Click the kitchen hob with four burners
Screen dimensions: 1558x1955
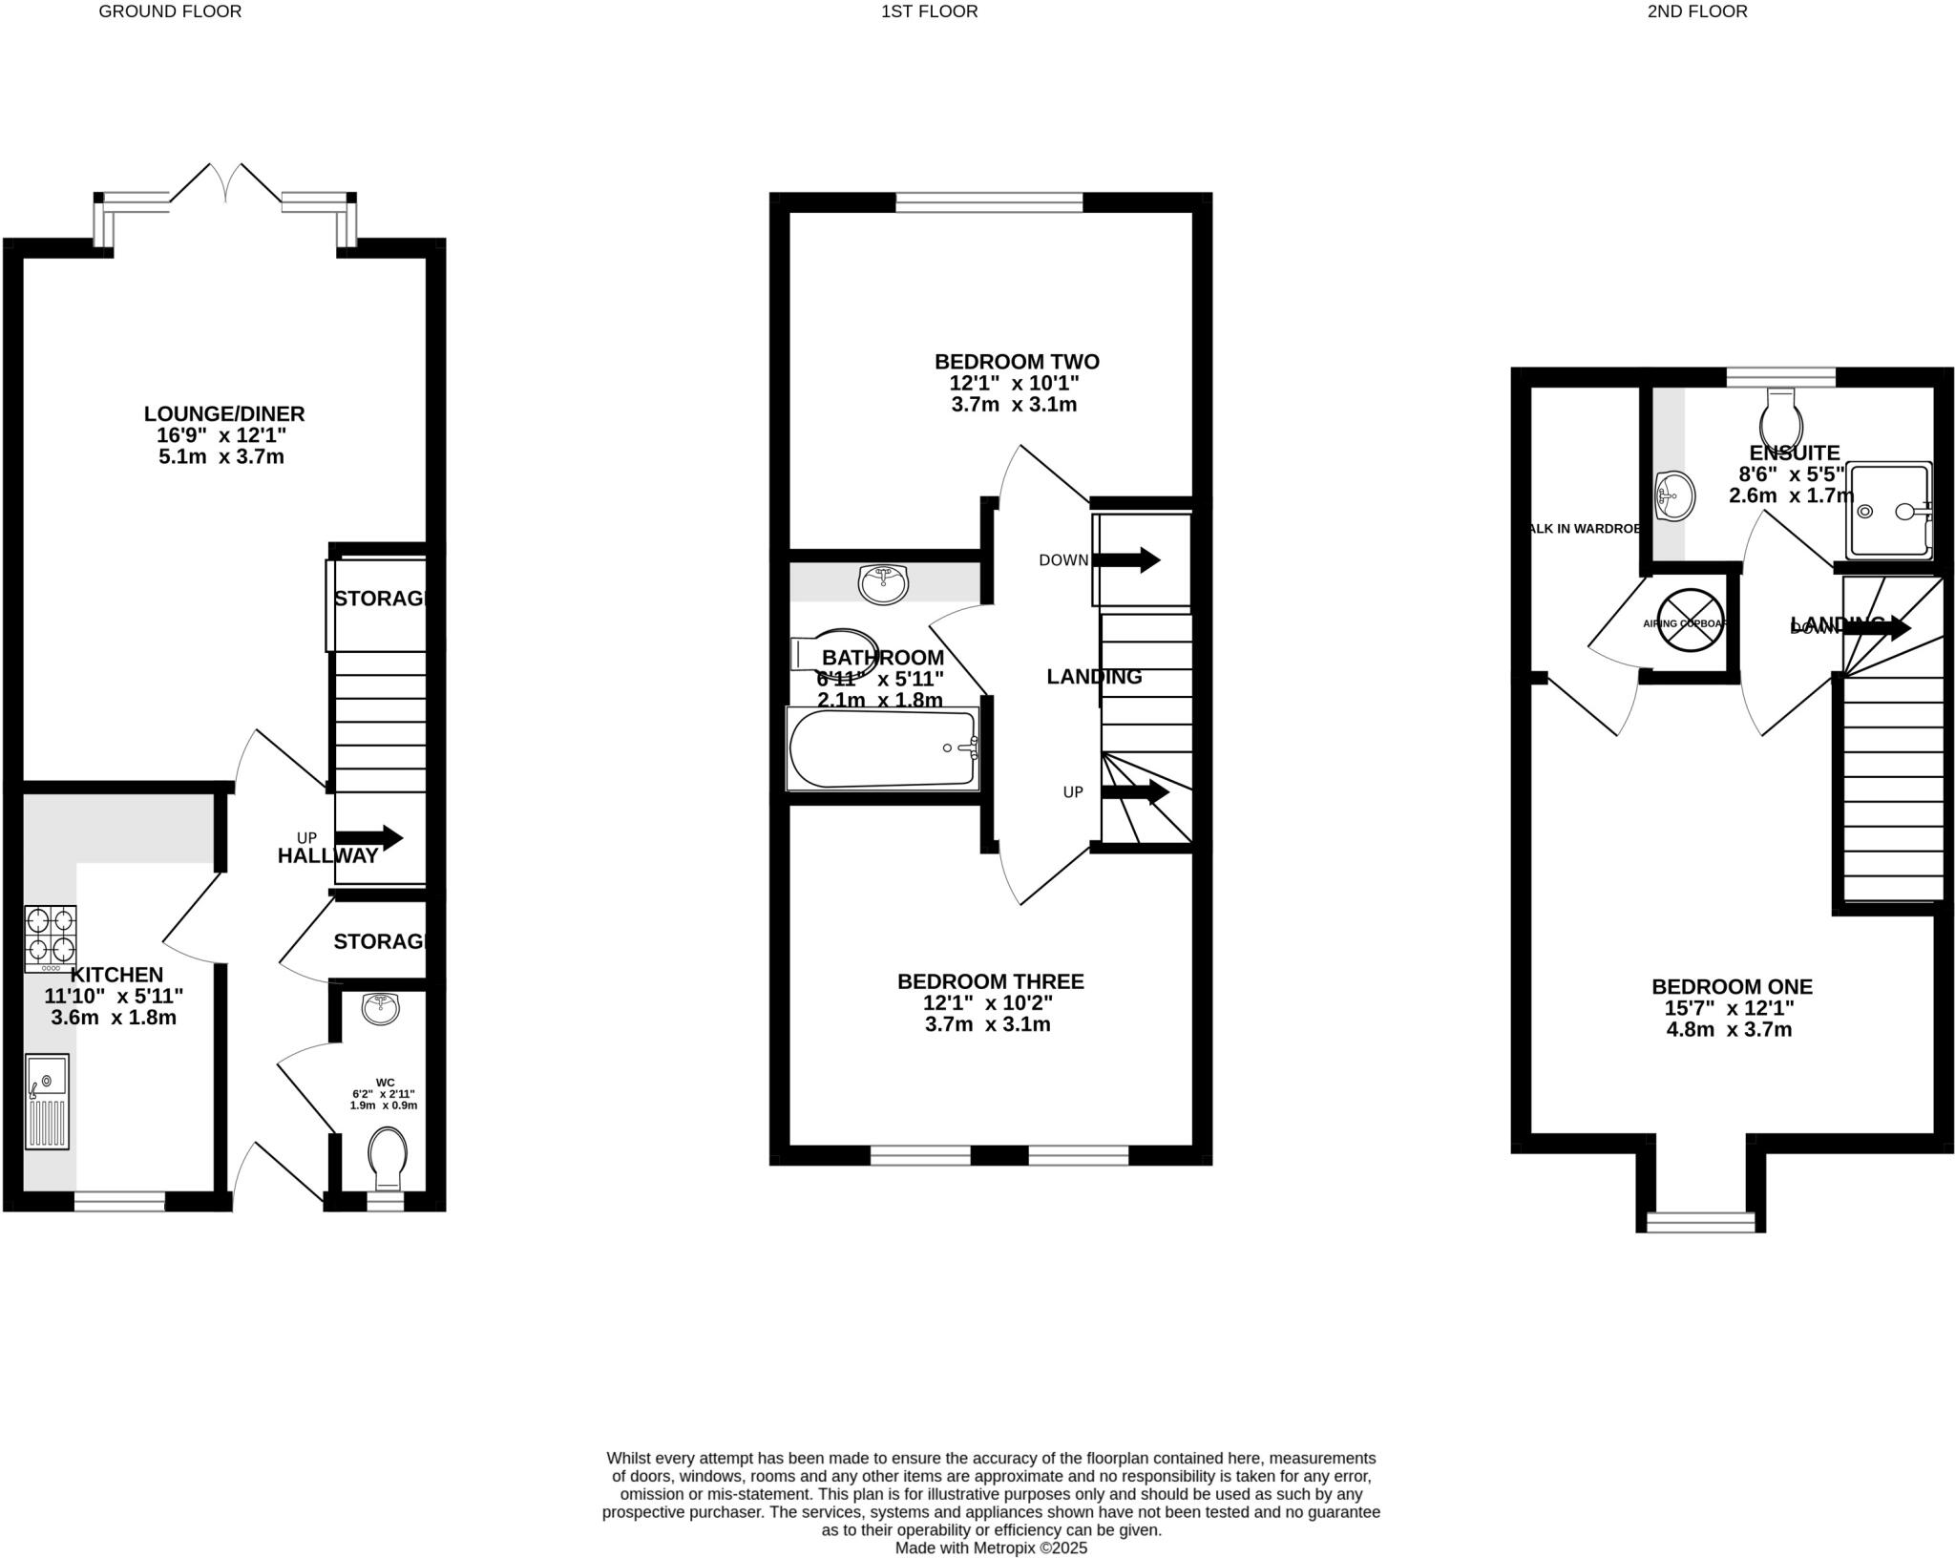[51, 938]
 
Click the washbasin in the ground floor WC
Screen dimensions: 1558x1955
[382, 1008]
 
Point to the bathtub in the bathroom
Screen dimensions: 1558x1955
[883, 748]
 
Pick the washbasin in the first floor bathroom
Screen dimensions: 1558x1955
[884, 583]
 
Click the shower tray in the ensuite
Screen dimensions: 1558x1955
[1888, 510]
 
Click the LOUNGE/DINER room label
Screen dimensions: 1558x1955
[224, 414]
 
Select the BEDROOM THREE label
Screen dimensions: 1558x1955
[990, 981]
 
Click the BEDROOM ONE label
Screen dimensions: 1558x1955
[1732, 986]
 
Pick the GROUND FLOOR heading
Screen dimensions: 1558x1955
[171, 11]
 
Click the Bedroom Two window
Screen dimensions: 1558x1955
[989, 201]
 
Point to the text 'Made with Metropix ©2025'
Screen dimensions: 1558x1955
[991, 1548]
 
